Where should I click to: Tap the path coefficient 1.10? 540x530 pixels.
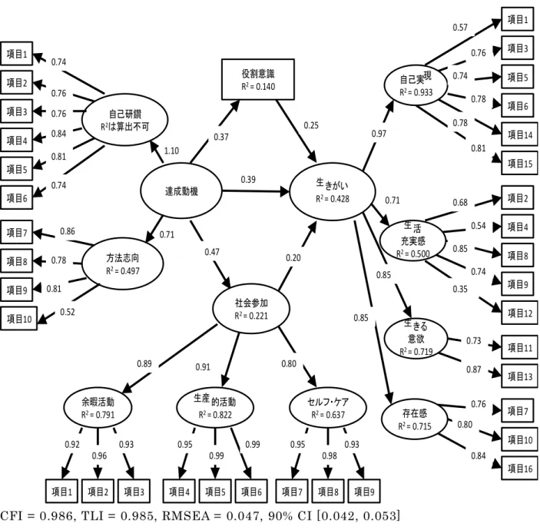tap(171, 151)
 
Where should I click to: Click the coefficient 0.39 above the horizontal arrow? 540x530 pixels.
tap(248, 180)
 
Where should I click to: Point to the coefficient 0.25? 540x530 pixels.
tap(311, 125)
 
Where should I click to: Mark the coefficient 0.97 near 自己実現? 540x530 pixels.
tap(379, 134)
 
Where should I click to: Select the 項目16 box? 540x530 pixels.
tap(519, 468)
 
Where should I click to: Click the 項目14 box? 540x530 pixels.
tap(519, 134)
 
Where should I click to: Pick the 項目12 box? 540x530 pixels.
tap(519, 313)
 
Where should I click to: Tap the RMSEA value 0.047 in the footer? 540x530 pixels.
tap(243, 516)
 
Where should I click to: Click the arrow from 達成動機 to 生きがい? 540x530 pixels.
tap(256, 190)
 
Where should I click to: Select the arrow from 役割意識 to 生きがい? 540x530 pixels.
tap(297, 131)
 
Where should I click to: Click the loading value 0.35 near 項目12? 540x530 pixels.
tap(460, 289)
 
